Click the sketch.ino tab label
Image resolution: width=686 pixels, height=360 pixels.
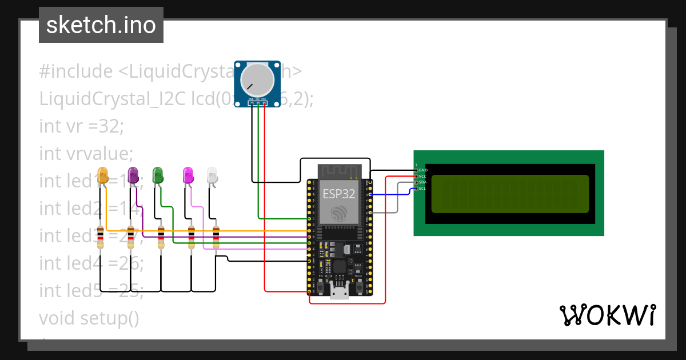point(101,25)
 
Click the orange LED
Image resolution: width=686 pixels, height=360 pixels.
point(103,175)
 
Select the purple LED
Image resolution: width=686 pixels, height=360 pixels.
point(133,175)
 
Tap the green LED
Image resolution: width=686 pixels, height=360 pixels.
point(158,175)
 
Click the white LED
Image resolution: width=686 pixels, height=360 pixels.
point(212,175)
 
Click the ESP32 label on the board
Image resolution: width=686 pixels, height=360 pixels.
point(339,193)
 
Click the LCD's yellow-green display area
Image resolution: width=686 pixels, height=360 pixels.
point(510,194)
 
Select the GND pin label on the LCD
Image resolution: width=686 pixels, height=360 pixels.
point(423,170)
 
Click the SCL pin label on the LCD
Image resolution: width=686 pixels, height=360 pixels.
point(422,189)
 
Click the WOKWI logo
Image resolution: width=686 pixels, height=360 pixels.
point(607,315)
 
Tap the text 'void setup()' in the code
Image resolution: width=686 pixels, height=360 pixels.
point(89,317)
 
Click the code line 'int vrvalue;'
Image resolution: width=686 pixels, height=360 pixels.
point(86,153)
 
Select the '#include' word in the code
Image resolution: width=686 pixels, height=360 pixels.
point(76,71)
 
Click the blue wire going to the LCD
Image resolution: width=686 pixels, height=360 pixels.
point(394,194)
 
